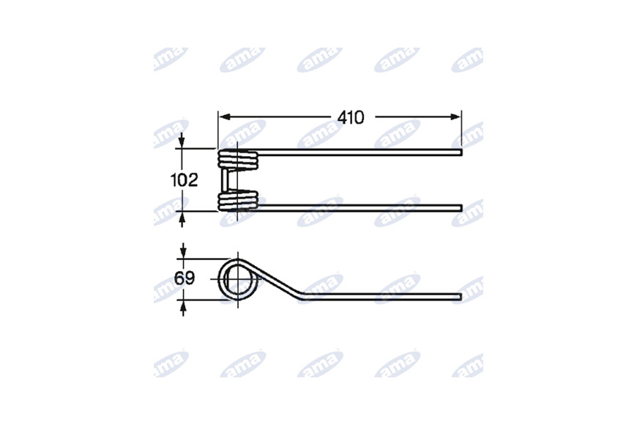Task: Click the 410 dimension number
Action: (351, 117)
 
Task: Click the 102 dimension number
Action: (184, 180)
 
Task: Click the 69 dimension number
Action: (185, 278)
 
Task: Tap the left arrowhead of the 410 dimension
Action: (225, 117)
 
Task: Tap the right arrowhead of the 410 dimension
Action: (455, 117)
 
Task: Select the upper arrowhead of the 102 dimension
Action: (182, 142)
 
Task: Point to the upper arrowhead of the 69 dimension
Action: (183, 252)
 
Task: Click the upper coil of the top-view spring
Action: (238, 159)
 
